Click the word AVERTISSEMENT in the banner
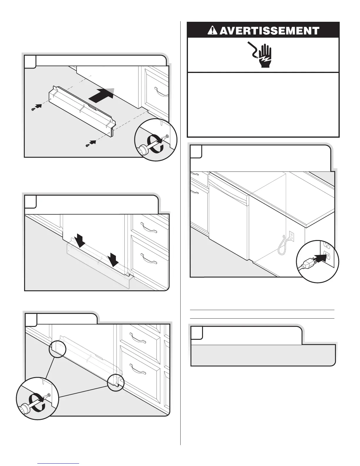pyautogui.click(x=269, y=31)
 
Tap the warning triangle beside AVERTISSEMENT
pyautogui.click(x=213, y=30)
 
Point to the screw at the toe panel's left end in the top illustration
pyautogui.click(x=33, y=109)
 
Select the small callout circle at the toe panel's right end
pyautogui.click(x=116, y=382)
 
